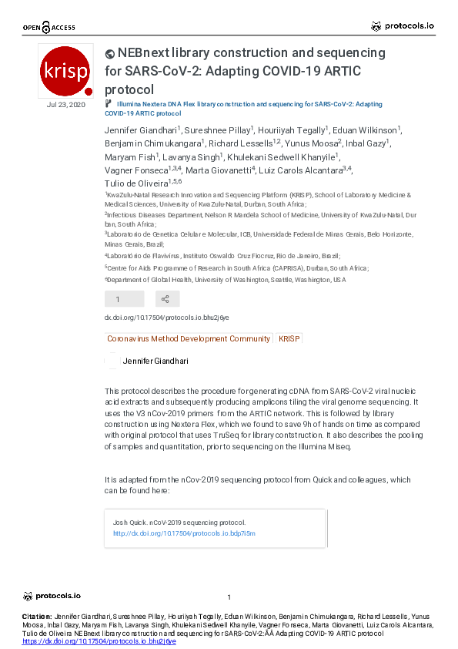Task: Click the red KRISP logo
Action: (x=66, y=69)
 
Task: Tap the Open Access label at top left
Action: (x=49, y=28)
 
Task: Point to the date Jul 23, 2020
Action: (x=66, y=104)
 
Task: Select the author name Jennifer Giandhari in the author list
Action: (x=141, y=130)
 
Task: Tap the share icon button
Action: (x=167, y=299)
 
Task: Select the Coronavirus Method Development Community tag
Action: (x=189, y=338)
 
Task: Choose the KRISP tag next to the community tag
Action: (x=289, y=338)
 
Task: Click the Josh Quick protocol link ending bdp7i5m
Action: (x=184, y=533)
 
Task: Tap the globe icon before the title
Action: (x=109, y=54)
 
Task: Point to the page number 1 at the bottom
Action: (x=229, y=597)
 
